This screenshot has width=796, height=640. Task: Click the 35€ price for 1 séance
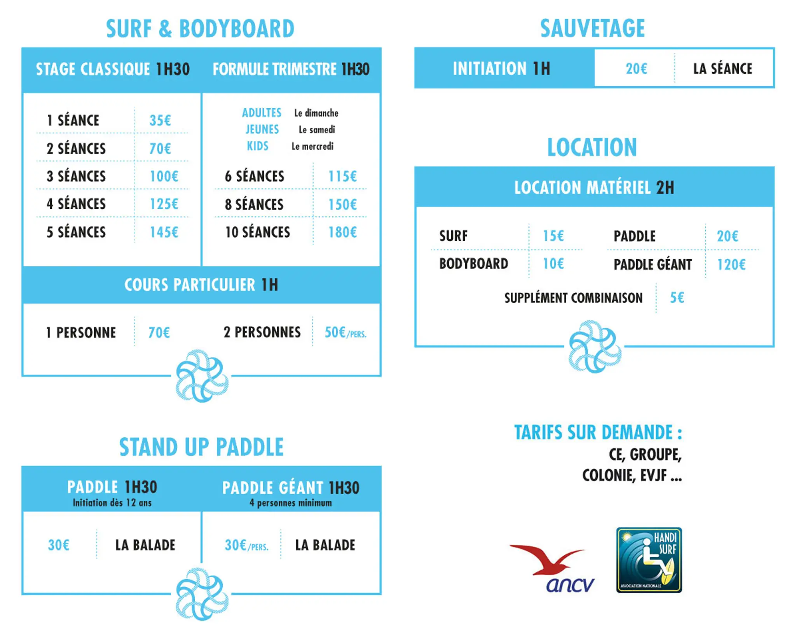pos(160,120)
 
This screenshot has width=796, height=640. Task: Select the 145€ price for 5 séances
pos(164,232)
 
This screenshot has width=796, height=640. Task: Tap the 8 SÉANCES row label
pos(254,204)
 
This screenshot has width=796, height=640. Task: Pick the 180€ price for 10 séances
pos(342,232)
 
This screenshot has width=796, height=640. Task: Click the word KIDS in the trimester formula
pos(258,146)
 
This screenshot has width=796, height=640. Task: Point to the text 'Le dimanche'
pos(316,113)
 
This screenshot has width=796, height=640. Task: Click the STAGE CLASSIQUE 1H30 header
pos(113,69)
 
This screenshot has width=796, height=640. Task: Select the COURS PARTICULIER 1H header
pos(201,285)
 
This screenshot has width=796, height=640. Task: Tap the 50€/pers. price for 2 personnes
pos(346,332)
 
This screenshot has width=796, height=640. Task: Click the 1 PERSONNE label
pos(81,332)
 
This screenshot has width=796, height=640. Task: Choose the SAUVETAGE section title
pos(592,28)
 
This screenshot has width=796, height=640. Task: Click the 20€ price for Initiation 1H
pos(636,68)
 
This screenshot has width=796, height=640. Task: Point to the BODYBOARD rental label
pos(473,264)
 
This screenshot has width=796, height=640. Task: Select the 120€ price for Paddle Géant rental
pos(731,264)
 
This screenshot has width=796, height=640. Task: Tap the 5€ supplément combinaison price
pos(677,297)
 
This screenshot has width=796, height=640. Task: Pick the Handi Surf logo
pos(649,560)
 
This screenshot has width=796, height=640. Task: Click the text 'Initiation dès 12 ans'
pos(112,503)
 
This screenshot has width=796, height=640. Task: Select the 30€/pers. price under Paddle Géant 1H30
pos(246,545)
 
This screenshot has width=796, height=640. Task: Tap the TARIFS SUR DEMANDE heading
pos(598,432)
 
